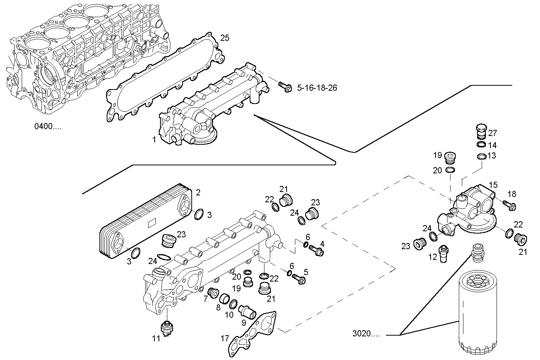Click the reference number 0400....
click(48, 126)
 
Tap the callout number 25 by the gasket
click(225, 38)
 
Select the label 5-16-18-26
click(317, 88)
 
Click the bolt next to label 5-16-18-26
click(285, 87)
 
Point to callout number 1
click(154, 140)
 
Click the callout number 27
click(492, 133)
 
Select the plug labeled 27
click(481, 131)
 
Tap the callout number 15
click(493, 185)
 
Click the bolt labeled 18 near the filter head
click(508, 205)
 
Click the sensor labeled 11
click(166, 328)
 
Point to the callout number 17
click(225, 338)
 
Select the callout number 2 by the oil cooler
click(198, 192)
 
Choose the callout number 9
click(244, 322)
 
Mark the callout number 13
click(492, 155)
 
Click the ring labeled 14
click(481, 145)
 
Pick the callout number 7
click(206, 298)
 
